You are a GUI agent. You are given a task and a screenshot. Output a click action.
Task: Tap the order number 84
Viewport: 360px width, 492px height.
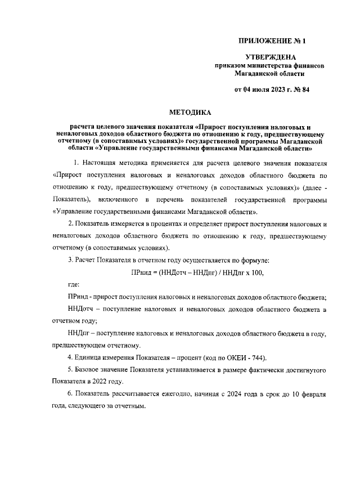point(305,90)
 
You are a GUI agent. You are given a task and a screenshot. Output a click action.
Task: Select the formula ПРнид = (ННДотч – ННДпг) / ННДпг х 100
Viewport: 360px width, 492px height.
point(197,272)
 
